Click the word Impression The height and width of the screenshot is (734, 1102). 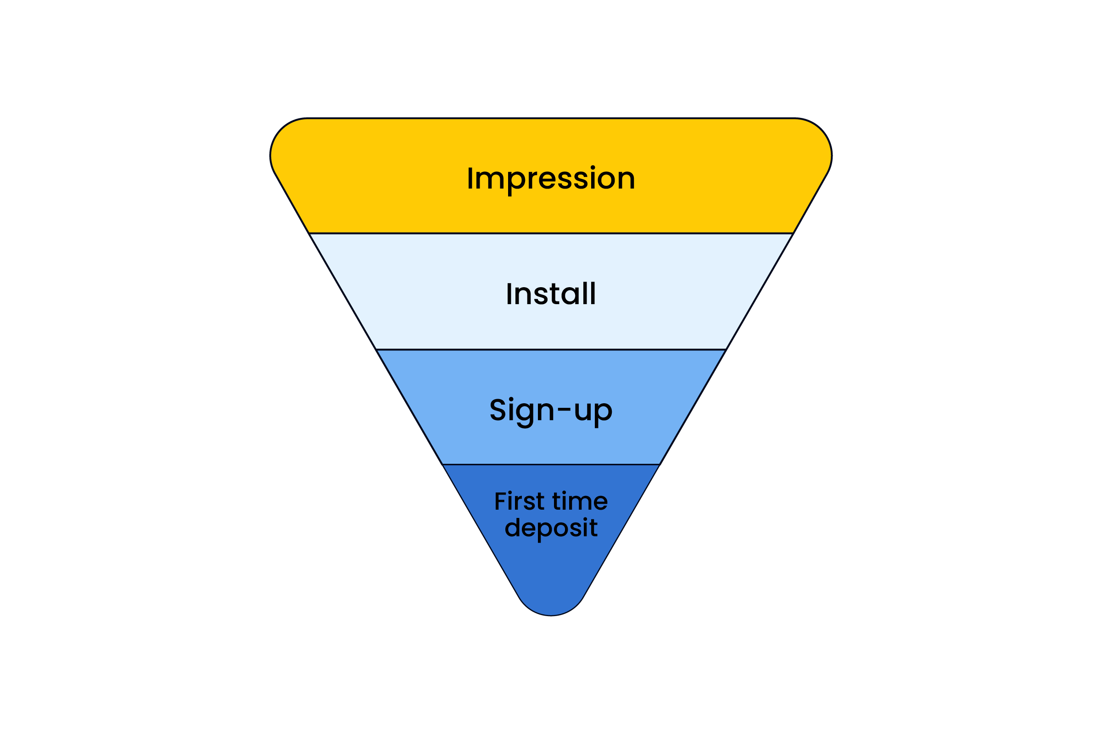(551, 178)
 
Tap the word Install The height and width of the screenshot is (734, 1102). (551, 294)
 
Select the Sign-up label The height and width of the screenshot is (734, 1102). (551, 411)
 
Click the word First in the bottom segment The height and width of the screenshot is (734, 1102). (519, 501)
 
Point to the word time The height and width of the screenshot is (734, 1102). (580, 501)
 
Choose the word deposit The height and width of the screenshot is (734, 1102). (551, 528)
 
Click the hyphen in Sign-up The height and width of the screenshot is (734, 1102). (565, 410)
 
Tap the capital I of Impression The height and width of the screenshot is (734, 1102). (470, 178)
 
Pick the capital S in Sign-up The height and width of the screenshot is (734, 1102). (498, 409)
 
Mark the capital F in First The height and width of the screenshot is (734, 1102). (500, 501)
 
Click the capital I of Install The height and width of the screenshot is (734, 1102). (509, 294)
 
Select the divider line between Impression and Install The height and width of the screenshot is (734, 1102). (551, 233)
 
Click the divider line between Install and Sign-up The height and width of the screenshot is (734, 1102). (551, 349)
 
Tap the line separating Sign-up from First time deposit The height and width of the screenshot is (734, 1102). (551, 464)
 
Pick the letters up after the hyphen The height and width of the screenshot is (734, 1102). (593, 411)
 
